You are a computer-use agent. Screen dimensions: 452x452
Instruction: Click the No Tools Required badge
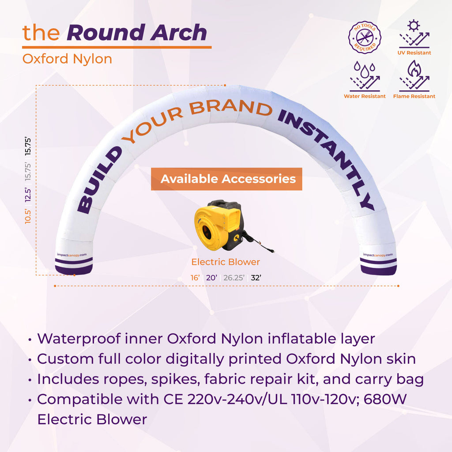pyautogui.click(x=365, y=37)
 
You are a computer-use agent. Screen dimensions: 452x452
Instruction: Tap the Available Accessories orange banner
pyautogui.click(x=226, y=179)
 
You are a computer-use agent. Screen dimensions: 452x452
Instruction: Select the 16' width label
pyautogui.click(x=195, y=278)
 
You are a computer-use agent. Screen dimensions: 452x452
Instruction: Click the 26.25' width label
pyautogui.click(x=234, y=278)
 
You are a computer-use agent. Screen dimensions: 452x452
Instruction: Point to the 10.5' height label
pyautogui.click(x=28, y=216)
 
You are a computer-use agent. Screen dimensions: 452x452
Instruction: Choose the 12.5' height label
pyautogui.click(x=28, y=193)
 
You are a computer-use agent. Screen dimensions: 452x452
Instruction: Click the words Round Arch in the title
pyautogui.click(x=137, y=33)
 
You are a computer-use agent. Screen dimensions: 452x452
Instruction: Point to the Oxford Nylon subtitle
pyautogui.click(x=67, y=59)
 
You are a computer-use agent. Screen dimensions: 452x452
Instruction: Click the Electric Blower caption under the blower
pyautogui.click(x=226, y=262)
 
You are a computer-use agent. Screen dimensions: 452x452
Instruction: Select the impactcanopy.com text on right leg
pyautogui.click(x=378, y=255)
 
